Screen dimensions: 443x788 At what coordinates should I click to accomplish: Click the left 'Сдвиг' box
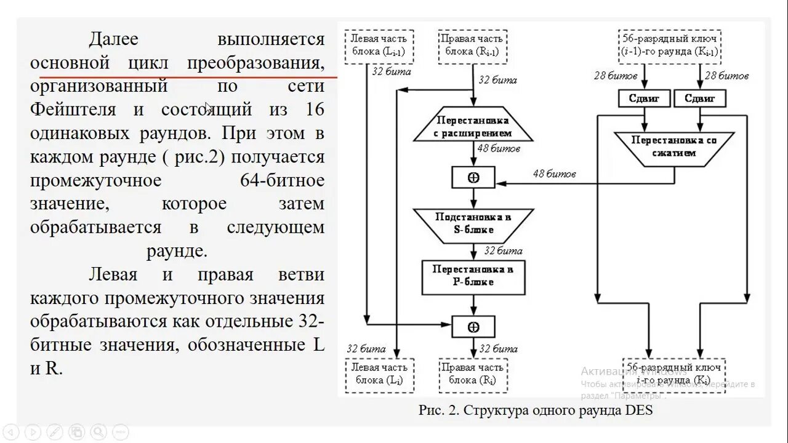pos(645,98)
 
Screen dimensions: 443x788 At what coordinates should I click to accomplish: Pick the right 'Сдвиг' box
pos(700,98)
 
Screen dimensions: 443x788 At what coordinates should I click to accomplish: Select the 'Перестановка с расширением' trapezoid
pos(473,126)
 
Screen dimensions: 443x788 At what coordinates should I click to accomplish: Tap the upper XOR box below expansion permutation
pos(473,177)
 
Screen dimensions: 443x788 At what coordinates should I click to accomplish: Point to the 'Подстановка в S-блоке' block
pos(473,225)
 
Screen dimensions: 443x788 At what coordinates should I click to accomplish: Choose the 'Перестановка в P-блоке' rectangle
pos(473,276)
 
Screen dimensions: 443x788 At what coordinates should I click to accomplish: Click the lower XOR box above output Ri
pos(473,325)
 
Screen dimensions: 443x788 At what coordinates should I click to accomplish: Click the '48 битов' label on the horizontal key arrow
pos(554,174)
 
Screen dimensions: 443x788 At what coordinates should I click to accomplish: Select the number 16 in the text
pos(314,110)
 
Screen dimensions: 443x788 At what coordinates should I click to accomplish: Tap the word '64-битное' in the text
pos(282,180)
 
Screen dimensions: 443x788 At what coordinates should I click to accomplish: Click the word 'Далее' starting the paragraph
pos(113,39)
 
